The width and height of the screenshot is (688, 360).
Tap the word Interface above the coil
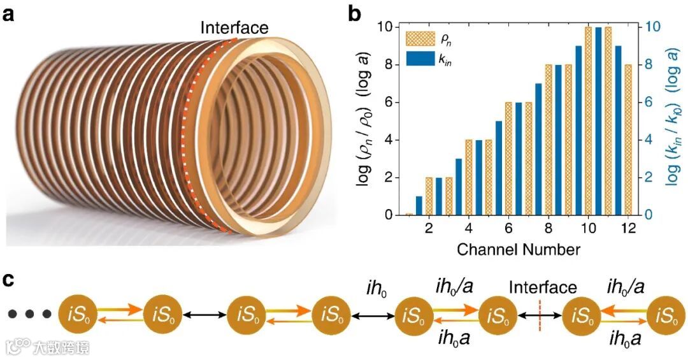coord(234,28)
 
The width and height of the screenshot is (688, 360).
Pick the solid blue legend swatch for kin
coord(419,60)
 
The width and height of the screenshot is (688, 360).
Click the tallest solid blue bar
coord(598,121)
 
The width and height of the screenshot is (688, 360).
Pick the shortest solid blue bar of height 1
coord(419,206)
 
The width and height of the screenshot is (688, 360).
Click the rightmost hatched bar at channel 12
coord(629,140)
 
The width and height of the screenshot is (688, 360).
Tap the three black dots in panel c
coord(29,313)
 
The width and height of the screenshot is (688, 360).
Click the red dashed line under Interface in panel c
coord(540,314)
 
